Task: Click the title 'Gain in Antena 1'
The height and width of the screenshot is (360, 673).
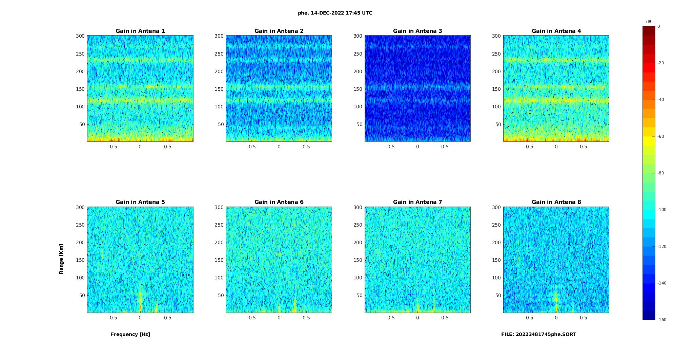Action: pyautogui.click(x=140, y=31)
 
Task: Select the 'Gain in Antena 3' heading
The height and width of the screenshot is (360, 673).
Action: pyautogui.click(x=417, y=31)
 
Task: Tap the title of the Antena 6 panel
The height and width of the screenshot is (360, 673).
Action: pyautogui.click(x=279, y=202)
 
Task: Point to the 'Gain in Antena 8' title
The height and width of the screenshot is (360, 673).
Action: pyautogui.click(x=556, y=202)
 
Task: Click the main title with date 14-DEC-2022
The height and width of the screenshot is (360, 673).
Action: pyautogui.click(x=335, y=13)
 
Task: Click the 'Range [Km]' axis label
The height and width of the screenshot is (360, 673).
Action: pyautogui.click(x=61, y=259)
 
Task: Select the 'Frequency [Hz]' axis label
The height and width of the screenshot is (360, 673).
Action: pyautogui.click(x=130, y=334)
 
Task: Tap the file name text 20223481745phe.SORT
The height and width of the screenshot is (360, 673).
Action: pyautogui.click(x=538, y=334)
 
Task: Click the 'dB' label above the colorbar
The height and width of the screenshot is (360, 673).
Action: pyautogui.click(x=649, y=22)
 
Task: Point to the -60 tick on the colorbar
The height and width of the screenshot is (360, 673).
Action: pyautogui.click(x=660, y=136)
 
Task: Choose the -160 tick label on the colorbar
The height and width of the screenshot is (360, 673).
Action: pyautogui.click(x=661, y=320)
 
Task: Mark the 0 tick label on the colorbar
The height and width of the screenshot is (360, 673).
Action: pyautogui.click(x=659, y=26)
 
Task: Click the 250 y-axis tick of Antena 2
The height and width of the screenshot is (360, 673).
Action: pyautogui.click(x=219, y=54)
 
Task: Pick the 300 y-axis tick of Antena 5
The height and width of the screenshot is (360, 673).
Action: pyautogui.click(x=80, y=207)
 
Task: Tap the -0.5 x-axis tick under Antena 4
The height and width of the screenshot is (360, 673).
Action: pyautogui.click(x=529, y=147)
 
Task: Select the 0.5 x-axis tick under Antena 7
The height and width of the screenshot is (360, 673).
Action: pyautogui.click(x=445, y=318)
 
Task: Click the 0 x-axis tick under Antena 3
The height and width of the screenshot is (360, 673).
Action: pyautogui.click(x=417, y=147)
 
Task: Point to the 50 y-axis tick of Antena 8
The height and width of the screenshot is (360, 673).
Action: pyautogui.click(x=498, y=295)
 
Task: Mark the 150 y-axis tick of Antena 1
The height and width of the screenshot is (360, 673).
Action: pyautogui.click(x=80, y=89)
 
